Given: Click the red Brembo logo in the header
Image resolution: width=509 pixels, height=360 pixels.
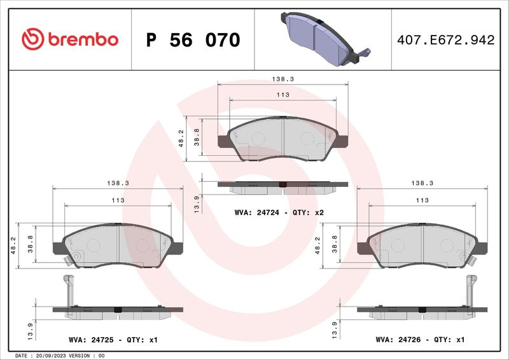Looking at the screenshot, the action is [x=70, y=39].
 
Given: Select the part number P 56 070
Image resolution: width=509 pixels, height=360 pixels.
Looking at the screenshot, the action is [x=193, y=40].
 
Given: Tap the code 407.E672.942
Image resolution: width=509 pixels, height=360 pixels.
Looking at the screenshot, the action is [x=446, y=40].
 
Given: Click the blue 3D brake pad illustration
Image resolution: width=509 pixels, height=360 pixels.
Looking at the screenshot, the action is [x=325, y=39].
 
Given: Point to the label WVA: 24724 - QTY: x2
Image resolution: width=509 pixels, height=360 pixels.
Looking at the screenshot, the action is [x=279, y=212].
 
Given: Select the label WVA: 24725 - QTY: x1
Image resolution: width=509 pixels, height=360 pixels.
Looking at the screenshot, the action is [x=113, y=340].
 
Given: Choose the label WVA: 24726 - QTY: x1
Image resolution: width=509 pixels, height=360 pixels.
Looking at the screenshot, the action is [x=420, y=340].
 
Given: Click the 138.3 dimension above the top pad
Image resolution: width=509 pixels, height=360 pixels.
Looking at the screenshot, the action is [x=282, y=79].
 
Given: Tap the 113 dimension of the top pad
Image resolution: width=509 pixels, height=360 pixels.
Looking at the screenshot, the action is [x=282, y=95].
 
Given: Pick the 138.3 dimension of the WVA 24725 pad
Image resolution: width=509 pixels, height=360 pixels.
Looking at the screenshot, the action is [x=118, y=183].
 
